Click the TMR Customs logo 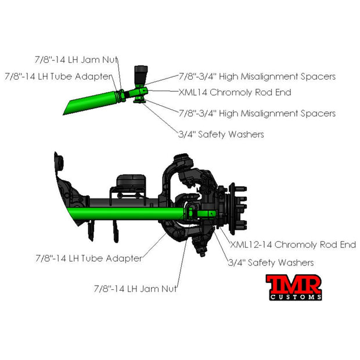pyautogui.click(x=294, y=287)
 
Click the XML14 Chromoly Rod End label pyautogui.click(x=235, y=92)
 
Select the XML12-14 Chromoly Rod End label pyautogui.click(x=293, y=244)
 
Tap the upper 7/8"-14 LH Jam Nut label pyautogui.click(x=76, y=60)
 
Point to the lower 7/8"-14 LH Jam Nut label pyautogui.click(x=135, y=289)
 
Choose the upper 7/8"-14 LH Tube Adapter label pyautogui.click(x=59, y=77)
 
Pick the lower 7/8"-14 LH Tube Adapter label pyautogui.click(x=89, y=258)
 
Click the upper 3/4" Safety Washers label pyautogui.click(x=221, y=134)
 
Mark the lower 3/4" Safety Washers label pyautogui.click(x=271, y=262)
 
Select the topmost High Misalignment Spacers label pyautogui.click(x=257, y=77)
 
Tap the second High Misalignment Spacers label pyautogui.click(x=257, y=113)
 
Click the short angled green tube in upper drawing pyautogui.click(x=91, y=103)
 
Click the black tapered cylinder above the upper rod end pyautogui.click(x=141, y=75)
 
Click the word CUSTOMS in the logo pyautogui.click(x=296, y=297)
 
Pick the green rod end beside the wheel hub pyautogui.click(x=206, y=214)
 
